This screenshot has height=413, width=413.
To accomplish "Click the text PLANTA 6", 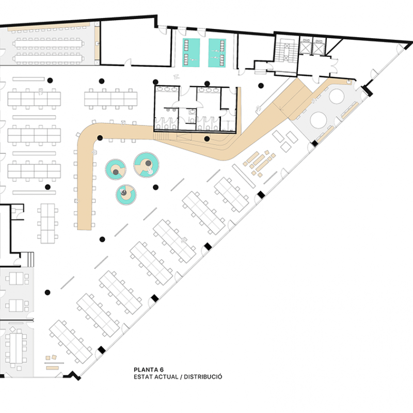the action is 149,370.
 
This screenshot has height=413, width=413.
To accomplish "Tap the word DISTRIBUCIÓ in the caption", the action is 203,377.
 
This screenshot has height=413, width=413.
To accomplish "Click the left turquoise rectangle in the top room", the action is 191,53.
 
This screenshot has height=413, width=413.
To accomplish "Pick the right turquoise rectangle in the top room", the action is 217,53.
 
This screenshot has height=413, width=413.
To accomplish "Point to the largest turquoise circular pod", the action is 146,165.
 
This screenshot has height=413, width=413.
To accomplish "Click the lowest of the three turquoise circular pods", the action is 126,195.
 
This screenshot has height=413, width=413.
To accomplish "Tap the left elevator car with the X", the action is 306,48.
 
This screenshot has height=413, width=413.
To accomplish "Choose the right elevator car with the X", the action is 319,48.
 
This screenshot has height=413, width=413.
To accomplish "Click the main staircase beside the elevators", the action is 287,51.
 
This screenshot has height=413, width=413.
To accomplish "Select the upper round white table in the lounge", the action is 337,97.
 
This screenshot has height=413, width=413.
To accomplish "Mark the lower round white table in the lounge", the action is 319,120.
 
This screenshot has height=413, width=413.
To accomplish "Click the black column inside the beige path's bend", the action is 100,138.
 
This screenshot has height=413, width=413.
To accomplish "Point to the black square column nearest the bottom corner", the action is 102,350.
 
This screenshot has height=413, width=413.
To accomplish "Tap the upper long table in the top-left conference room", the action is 48,43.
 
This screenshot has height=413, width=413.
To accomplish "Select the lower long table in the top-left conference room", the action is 48,58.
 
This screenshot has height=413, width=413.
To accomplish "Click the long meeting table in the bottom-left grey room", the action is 16,348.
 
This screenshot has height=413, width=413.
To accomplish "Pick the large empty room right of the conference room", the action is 136,43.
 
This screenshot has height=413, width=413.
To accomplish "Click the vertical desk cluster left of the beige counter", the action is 47,224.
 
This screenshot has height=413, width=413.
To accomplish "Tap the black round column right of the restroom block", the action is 261,86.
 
